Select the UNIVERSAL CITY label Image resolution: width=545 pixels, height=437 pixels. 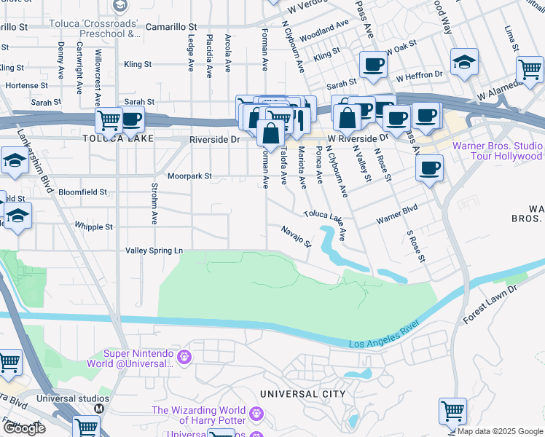[x=302, y=394]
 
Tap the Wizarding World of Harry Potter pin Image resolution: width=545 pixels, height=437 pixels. [x=256, y=414]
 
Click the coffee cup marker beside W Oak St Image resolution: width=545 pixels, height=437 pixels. [x=373, y=63]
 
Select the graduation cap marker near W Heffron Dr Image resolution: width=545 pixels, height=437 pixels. [x=463, y=63]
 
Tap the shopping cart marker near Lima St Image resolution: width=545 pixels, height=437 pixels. [x=530, y=70]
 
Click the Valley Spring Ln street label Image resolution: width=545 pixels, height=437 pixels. [x=154, y=250]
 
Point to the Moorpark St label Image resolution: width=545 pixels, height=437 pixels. [x=188, y=176]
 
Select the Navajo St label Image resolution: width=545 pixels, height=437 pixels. [x=297, y=235]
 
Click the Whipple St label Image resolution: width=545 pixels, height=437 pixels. [x=93, y=227]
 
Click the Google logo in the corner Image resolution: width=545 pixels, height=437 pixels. [x=24, y=428]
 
